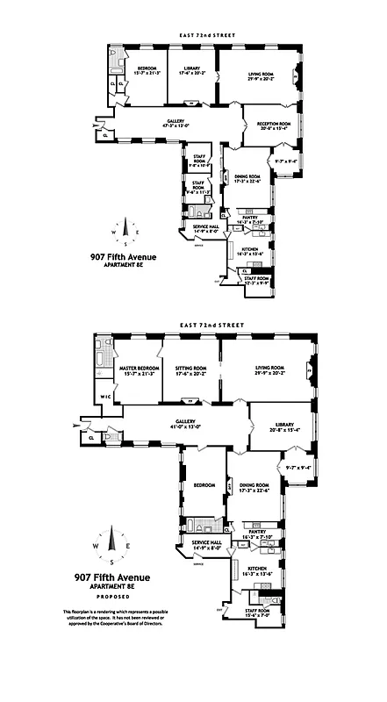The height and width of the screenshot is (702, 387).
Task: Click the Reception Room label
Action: pos(271,125)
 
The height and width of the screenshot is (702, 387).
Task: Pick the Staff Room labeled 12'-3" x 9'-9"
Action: pos(256,280)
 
